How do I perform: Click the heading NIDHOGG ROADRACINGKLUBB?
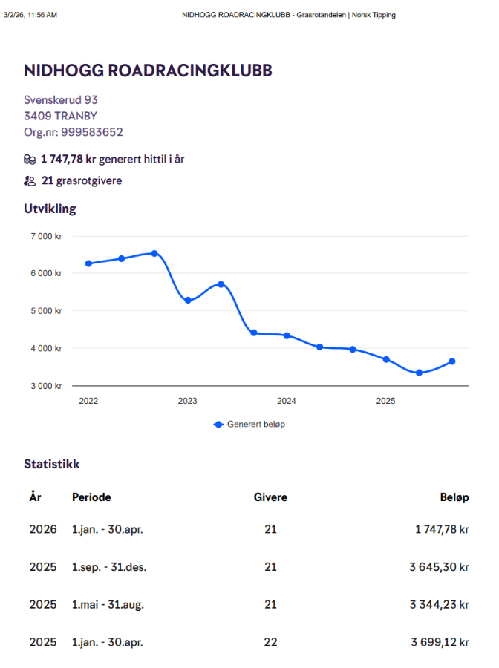148,71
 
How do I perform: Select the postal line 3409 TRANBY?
60,116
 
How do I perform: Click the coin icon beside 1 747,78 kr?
30,159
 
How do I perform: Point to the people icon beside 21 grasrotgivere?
30,180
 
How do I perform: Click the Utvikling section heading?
50,209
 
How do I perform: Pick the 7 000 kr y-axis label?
47,236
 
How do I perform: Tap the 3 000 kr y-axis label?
47,386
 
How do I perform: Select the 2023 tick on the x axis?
187,401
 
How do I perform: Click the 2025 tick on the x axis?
385,401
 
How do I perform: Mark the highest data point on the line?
154,253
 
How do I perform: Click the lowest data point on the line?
419,373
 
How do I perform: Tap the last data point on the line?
451,361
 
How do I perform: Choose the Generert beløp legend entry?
249,424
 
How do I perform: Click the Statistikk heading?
52,464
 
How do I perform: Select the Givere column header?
270,497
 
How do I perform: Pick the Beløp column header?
454,497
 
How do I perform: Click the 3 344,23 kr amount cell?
439,605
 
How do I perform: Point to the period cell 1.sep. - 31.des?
109,567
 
